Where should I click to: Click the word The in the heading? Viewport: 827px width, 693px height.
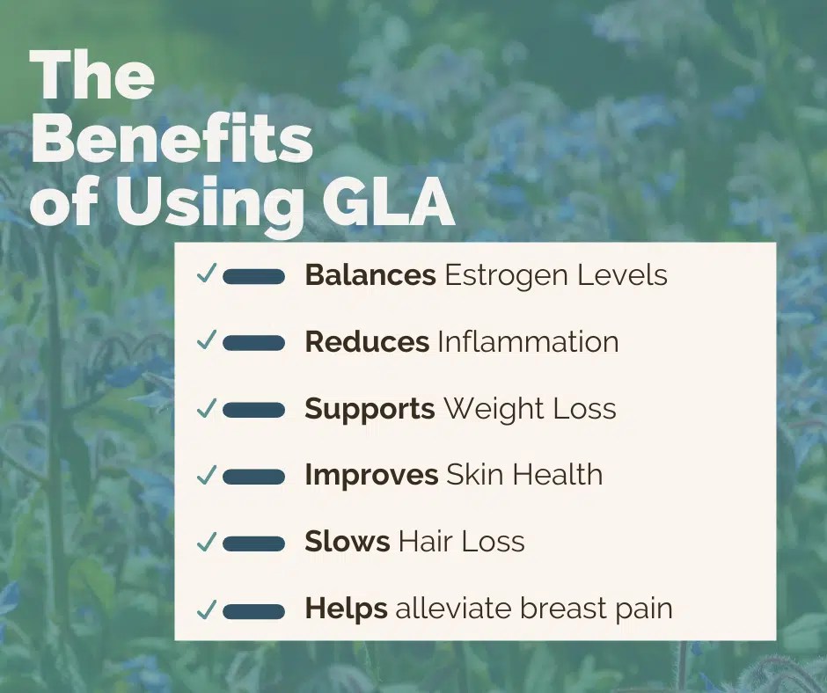92,77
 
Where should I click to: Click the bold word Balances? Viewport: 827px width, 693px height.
370,275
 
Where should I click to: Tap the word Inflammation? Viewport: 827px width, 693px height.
528,342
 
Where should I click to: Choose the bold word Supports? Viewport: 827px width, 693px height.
370,409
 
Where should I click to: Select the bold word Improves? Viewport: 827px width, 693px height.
371,476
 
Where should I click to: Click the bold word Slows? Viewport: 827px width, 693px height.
347,542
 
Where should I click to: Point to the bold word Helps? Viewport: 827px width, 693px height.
346,609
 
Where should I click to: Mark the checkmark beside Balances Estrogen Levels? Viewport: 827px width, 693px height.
207,275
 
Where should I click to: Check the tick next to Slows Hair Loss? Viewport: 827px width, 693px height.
207,543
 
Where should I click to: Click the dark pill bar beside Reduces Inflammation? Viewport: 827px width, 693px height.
253,343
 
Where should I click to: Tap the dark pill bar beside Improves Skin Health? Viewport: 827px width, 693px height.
253,477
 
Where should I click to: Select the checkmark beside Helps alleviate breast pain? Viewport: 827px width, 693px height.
207,609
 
